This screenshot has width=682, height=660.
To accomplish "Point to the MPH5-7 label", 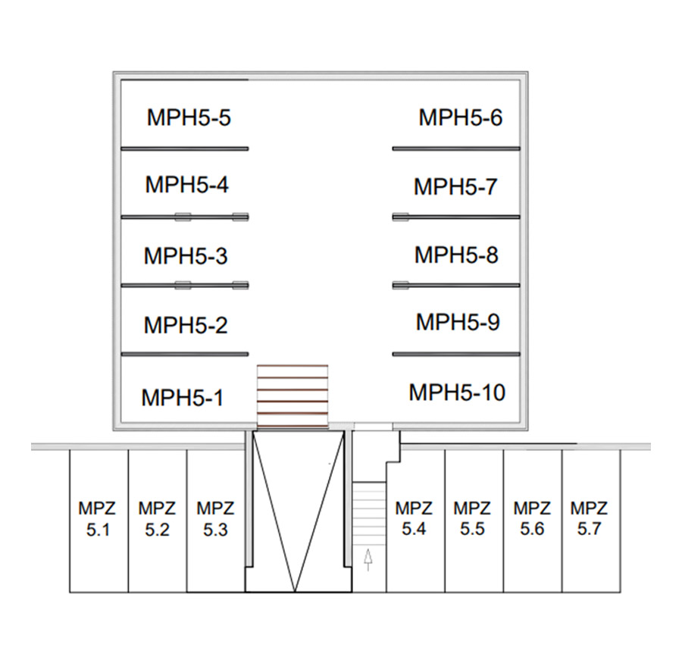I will click(x=455, y=186).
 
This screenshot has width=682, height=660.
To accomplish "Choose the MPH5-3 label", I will click(x=185, y=255).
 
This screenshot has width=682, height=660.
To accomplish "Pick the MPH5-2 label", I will click(x=185, y=325).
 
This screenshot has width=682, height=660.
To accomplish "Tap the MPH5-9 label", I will click(x=458, y=321).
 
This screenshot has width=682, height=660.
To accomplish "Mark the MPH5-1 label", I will click(x=183, y=397).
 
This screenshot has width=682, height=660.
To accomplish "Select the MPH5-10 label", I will click(x=457, y=393).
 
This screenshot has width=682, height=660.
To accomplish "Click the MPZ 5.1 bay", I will click(x=99, y=519).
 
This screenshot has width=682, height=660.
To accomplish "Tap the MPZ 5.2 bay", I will click(x=157, y=519).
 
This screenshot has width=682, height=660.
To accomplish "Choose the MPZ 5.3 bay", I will click(x=215, y=519).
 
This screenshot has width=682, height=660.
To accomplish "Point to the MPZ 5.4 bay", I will click(x=415, y=519).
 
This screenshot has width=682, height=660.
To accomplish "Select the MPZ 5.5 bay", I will click(x=472, y=519).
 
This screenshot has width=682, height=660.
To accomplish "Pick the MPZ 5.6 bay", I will click(x=532, y=519).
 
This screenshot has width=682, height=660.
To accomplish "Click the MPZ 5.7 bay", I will click(x=589, y=519).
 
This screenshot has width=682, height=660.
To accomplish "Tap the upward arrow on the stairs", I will click(x=368, y=559).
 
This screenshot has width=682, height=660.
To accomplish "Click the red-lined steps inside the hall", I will click(x=293, y=396).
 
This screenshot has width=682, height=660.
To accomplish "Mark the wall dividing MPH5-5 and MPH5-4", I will click(x=184, y=148).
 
